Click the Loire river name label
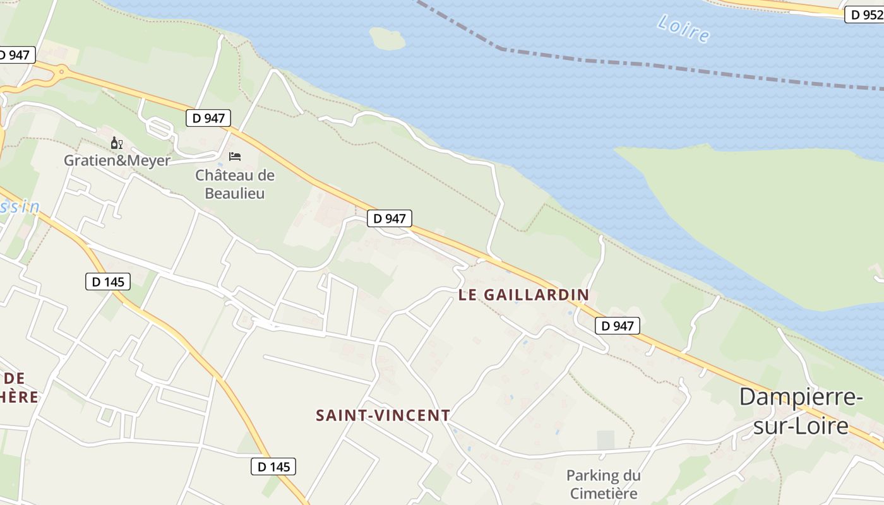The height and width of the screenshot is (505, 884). (x=683, y=28)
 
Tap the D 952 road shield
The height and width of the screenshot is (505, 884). (x=864, y=15)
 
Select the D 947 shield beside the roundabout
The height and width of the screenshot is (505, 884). (x=14, y=55)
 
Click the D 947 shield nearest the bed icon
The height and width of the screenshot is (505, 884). (x=208, y=117)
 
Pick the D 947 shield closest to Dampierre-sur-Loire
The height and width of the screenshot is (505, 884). (x=618, y=326)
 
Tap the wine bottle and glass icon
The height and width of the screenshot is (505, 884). (x=116, y=143)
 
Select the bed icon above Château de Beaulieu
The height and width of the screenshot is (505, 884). (x=235, y=156)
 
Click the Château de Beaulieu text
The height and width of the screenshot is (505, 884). (x=235, y=184)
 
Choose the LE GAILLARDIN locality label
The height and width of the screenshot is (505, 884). (x=523, y=294)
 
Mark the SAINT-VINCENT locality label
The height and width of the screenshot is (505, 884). (x=383, y=415)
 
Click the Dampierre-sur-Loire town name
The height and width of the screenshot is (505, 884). (x=801, y=411)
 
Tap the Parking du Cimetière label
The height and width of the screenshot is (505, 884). (x=603, y=484)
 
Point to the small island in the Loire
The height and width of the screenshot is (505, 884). (x=387, y=39)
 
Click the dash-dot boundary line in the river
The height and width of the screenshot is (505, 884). (x=631, y=63)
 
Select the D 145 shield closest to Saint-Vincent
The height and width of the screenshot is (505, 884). (x=273, y=466)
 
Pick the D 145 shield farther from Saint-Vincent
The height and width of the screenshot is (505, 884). (x=108, y=282)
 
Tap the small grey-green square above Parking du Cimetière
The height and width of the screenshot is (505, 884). (x=606, y=440)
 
